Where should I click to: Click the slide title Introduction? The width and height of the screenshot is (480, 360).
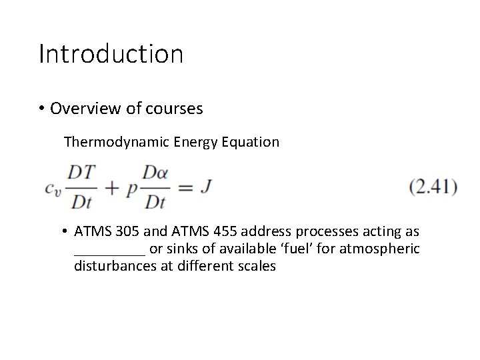111,54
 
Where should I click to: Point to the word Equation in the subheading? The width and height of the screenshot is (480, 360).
251,141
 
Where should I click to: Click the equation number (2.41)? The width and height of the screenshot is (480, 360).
433,187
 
